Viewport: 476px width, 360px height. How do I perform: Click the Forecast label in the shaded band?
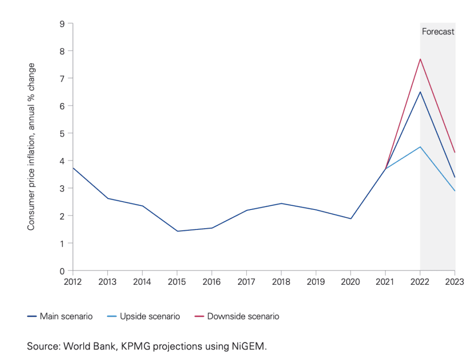coord(438,32)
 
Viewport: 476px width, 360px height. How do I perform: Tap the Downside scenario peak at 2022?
coord(420,59)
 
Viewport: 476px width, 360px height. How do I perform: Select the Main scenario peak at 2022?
coord(420,92)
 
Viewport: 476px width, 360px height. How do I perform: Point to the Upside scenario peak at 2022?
coord(420,147)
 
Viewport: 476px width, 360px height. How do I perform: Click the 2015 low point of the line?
coord(177,231)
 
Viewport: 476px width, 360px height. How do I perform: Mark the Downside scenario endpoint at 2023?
coord(455,152)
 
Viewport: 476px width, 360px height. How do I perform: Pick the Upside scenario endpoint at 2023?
coord(455,191)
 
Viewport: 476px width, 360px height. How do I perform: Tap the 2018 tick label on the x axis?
coord(281,281)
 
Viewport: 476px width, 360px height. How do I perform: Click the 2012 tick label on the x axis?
coord(73,281)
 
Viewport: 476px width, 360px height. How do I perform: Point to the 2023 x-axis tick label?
coord(455,281)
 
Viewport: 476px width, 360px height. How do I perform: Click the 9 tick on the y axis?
coord(62,23)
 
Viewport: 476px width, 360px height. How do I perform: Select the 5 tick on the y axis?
coord(62,133)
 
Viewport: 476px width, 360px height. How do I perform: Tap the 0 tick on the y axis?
coord(62,271)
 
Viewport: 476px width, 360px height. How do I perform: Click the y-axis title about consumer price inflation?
coord(31,146)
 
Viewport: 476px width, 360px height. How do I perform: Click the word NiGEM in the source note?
coord(251,346)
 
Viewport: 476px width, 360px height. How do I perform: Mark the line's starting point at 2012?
coord(73,168)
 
